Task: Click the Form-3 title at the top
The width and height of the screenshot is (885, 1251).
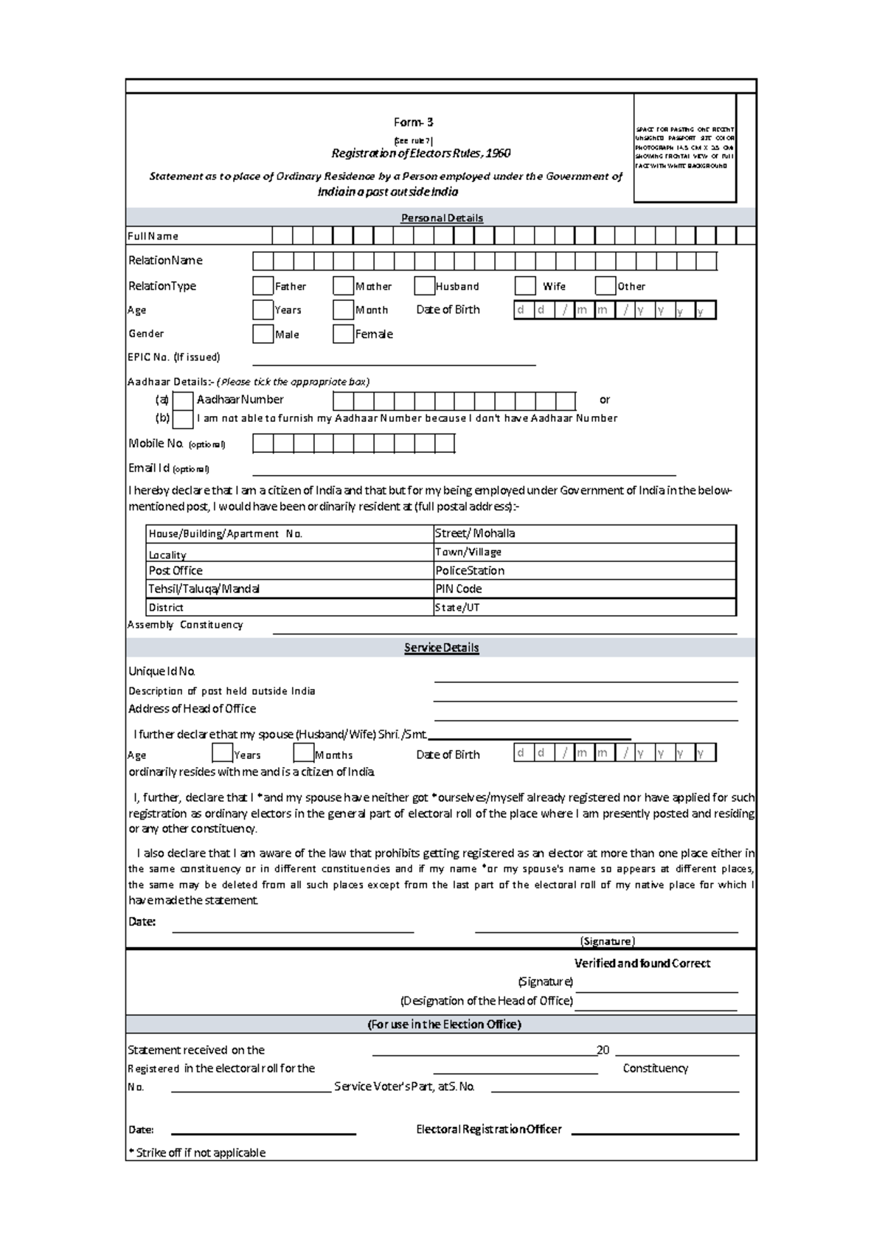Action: [x=413, y=122]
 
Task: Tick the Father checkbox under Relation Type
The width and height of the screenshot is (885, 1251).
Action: [x=263, y=286]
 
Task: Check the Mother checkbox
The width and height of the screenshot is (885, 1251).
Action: [x=343, y=286]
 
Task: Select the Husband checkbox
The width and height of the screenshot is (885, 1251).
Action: [x=424, y=286]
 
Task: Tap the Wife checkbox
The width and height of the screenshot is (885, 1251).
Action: [x=525, y=286]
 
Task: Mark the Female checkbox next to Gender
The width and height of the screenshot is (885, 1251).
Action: [x=343, y=334]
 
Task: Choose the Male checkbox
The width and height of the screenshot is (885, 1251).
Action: [x=263, y=334]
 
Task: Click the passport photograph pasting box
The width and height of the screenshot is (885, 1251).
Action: [x=684, y=148]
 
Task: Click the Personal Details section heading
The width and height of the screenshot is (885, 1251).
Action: [x=442, y=218]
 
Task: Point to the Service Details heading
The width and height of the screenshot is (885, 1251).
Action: [x=441, y=648]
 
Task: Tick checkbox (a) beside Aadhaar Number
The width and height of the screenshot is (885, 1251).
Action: [x=183, y=401]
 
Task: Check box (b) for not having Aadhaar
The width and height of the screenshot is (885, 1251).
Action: [x=183, y=419]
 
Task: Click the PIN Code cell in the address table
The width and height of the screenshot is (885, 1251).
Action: [x=584, y=589]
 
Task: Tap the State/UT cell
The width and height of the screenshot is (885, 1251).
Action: [x=584, y=607]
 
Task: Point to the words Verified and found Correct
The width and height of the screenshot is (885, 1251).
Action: [x=642, y=963]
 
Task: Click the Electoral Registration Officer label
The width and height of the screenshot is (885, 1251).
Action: [x=488, y=1129]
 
